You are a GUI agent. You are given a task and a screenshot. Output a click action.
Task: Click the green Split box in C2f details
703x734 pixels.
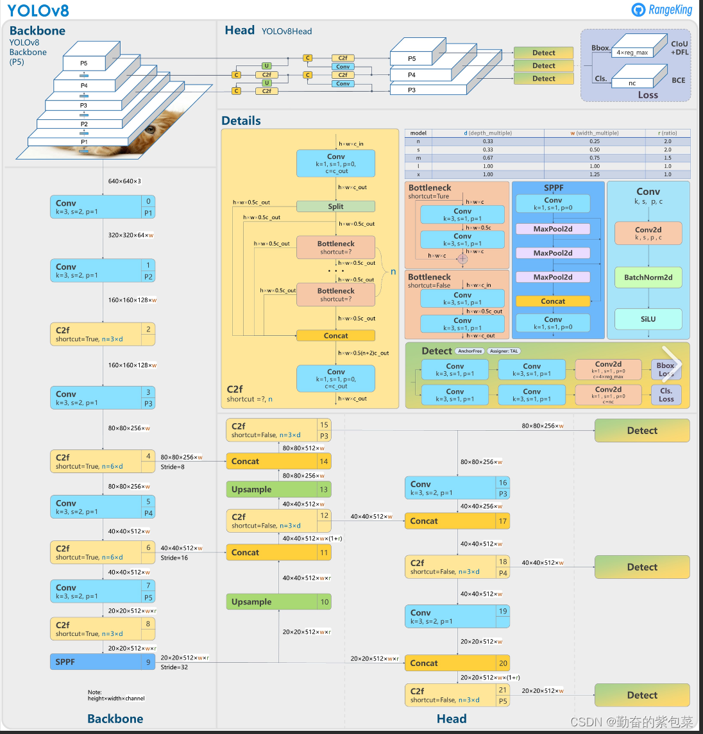click(335, 206)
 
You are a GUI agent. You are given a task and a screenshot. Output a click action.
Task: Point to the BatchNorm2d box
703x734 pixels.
click(648, 278)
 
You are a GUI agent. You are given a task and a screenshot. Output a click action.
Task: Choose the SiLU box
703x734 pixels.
click(648, 319)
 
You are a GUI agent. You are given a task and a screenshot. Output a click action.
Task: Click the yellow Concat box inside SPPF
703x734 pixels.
click(553, 301)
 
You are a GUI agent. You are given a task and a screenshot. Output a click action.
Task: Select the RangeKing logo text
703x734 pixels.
click(670, 10)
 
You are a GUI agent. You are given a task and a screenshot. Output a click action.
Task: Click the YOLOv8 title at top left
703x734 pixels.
click(38, 10)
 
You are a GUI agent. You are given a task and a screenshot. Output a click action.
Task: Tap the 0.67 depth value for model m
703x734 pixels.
click(487, 158)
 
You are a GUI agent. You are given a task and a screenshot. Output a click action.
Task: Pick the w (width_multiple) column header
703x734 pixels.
click(595, 133)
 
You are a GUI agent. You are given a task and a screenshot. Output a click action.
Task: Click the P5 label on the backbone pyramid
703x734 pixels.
click(84, 63)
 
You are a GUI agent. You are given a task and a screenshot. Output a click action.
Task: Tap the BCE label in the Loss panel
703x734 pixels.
click(678, 80)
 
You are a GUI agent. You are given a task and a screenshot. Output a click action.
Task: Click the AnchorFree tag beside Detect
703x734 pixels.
click(470, 351)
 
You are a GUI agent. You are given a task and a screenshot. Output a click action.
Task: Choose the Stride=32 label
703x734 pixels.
click(174, 667)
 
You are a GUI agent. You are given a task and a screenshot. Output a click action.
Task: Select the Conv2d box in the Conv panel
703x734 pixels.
click(648, 233)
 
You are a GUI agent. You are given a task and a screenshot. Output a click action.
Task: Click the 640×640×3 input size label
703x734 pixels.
click(124, 181)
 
